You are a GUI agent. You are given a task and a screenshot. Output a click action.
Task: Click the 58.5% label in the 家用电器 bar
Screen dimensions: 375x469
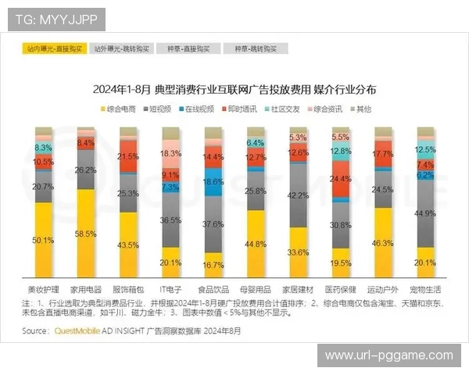pyautogui.click(x=86, y=234)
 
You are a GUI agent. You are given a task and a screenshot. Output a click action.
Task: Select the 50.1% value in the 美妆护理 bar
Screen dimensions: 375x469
pyautogui.click(x=43, y=241)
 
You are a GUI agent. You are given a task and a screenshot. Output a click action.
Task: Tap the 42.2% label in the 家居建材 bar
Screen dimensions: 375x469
pyautogui.click(x=298, y=195)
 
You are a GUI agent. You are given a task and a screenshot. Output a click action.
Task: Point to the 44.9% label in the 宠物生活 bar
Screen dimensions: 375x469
pyautogui.click(x=425, y=213)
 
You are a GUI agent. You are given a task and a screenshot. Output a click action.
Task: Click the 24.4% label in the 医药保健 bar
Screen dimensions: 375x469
pyautogui.click(x=341, y=179)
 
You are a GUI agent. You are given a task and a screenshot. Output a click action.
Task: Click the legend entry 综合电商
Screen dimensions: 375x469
pyautogui.click(x=120, y=108)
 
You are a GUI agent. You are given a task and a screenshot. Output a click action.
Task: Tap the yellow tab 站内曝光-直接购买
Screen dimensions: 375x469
pyautogui.click(x=54, y=48)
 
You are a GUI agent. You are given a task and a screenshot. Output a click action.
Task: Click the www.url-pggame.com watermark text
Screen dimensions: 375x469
pyautogui.click(x=388, y=355)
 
